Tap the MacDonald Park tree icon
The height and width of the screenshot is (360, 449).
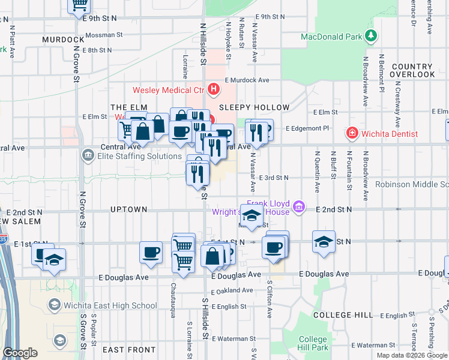tap(372, 36)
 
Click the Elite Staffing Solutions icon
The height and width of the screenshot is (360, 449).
tap(88, 156)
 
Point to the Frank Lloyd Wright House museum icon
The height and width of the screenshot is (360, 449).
tap(303, 208)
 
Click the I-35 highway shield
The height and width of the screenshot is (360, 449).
tap(3, 239)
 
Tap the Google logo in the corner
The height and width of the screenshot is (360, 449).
tap(20, 353)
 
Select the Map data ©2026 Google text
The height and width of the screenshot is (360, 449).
tap(412, 355)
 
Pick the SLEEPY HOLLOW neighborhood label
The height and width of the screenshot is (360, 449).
tap(254, 107)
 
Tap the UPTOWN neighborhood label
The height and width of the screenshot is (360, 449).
tap(129, 209)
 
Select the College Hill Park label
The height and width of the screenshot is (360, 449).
tap(313, 343)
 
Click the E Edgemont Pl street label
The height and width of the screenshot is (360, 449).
tap(307, 128)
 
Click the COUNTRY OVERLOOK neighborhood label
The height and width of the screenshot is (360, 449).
tap(412, 70)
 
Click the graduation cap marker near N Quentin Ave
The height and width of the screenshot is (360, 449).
tap(324, 242)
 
